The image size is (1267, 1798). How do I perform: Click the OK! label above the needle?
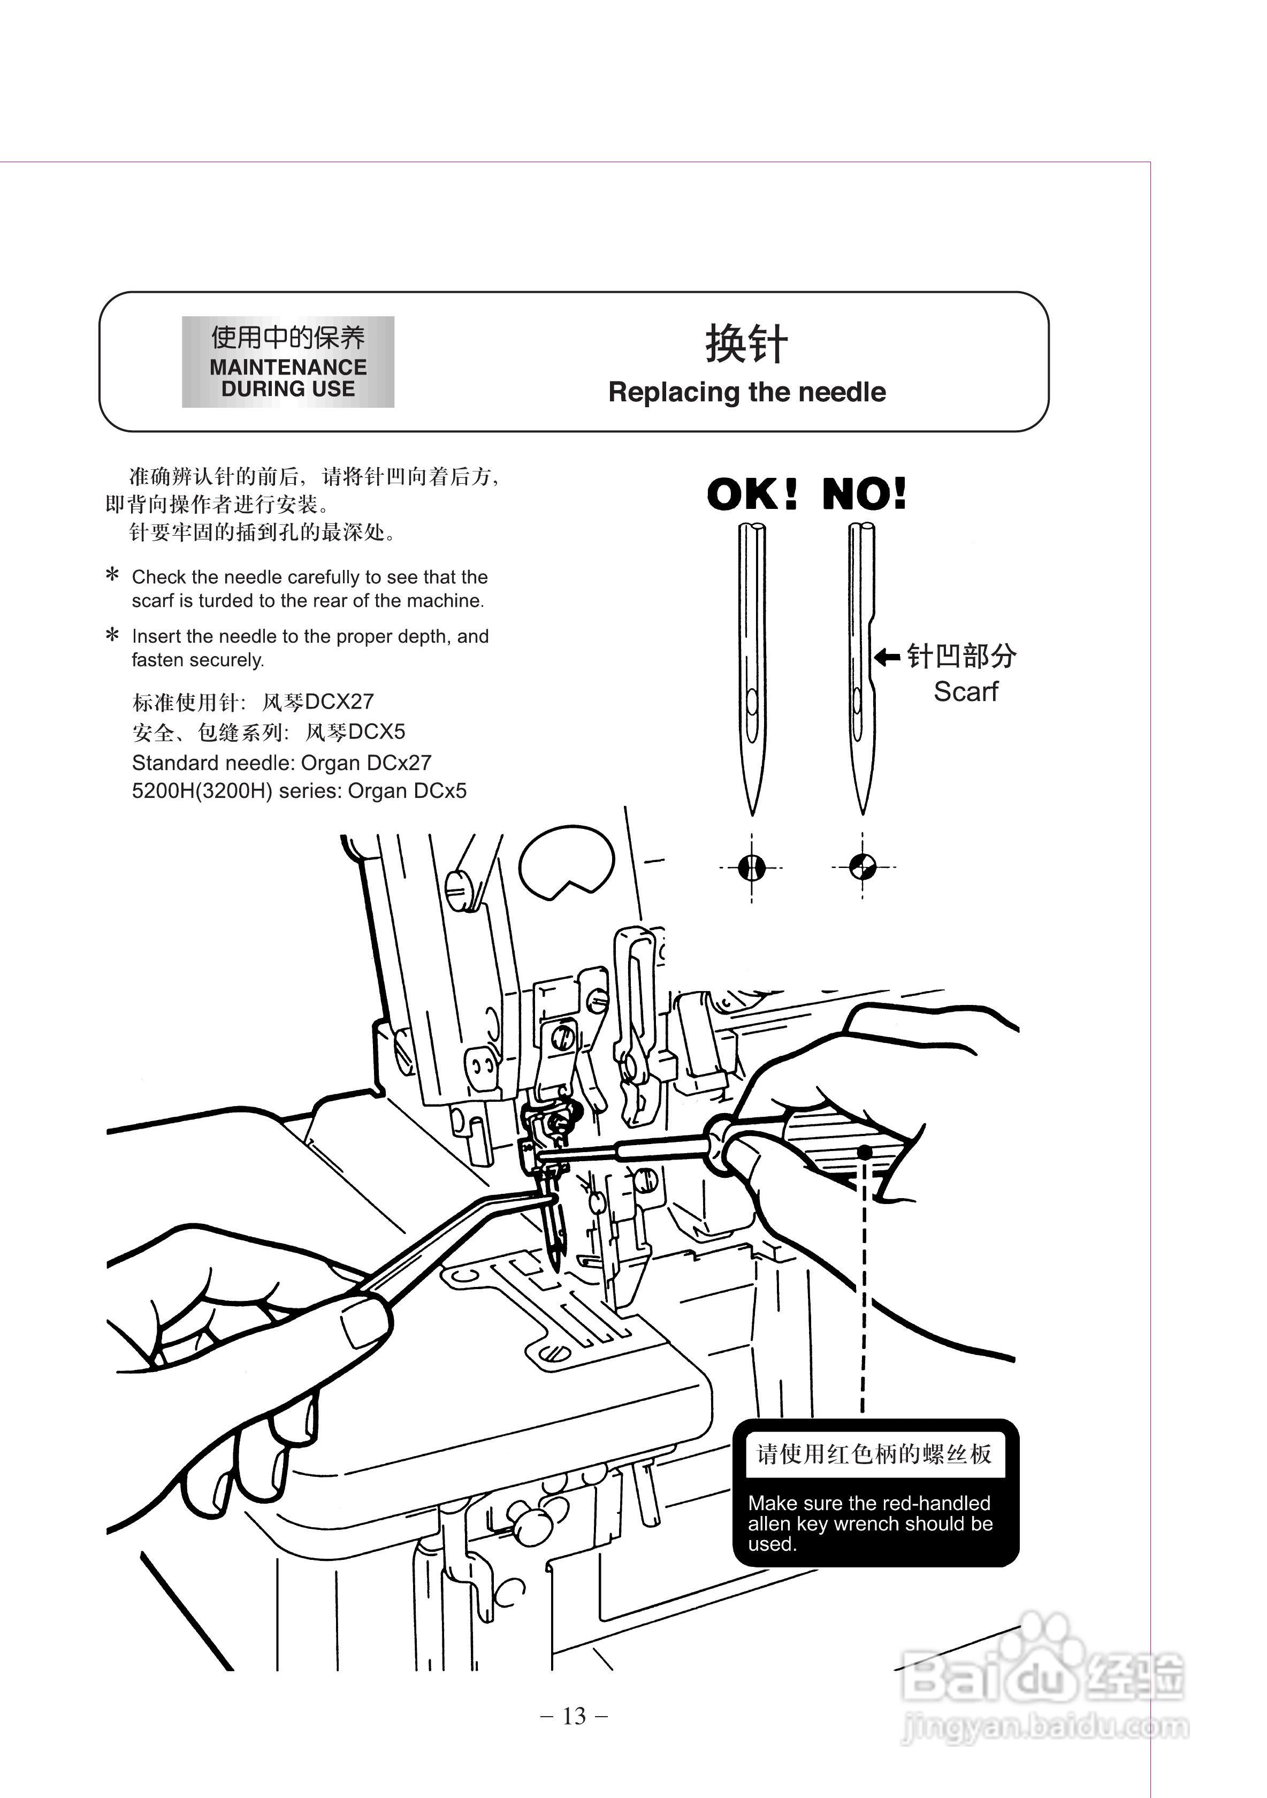point(752,495)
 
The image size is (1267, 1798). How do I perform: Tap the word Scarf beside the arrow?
point(966,692)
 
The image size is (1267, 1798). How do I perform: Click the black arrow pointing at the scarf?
point(887,656)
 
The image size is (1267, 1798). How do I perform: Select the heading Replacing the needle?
point(747,392)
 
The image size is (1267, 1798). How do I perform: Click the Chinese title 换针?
point(746,345)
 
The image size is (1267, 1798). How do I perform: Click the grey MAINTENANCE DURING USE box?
point(288,362)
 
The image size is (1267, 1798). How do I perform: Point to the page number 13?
point(574,1716)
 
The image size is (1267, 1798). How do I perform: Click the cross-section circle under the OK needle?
point(752,867)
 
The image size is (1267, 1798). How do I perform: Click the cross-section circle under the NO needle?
point(863,867)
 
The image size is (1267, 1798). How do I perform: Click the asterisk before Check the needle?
point(113,575)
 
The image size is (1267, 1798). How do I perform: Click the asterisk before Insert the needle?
point(113,634)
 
